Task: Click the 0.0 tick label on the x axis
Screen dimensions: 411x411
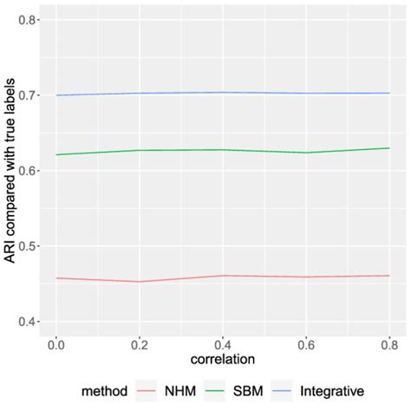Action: (55, 344)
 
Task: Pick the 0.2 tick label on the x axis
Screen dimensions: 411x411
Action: (139, 344)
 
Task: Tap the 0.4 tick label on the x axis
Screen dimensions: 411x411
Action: (223, 344)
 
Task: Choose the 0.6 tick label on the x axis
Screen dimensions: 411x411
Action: (306, 344)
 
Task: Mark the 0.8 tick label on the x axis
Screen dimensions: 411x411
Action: (389, 344)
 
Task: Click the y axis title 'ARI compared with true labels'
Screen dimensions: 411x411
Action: (10, 171)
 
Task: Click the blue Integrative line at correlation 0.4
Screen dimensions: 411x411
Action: (223, 92)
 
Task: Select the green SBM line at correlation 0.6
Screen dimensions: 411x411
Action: (306, 153)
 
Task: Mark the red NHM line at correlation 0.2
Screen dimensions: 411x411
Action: (139, 281)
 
